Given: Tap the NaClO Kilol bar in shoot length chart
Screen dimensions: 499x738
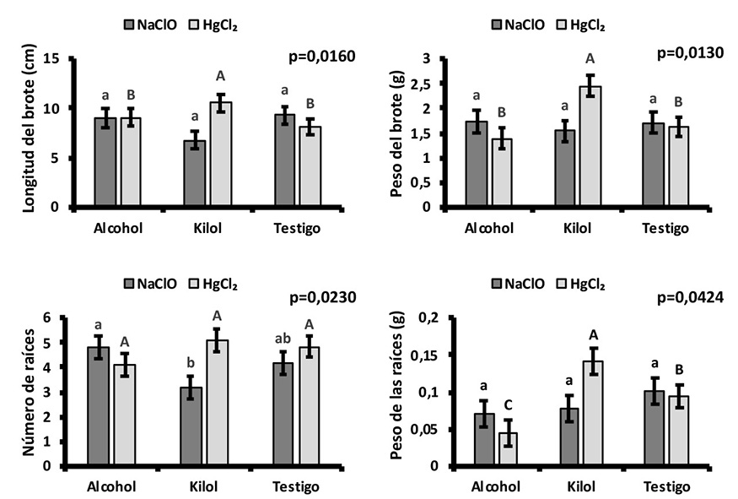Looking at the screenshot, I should click(195, 173).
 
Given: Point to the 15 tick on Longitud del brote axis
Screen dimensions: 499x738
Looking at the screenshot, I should click(56, 59).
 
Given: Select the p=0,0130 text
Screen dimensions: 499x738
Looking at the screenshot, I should click(691, 54).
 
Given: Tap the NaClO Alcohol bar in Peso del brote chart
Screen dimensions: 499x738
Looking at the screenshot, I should click(477, 164).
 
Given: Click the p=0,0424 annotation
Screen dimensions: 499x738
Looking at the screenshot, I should click(691, 296).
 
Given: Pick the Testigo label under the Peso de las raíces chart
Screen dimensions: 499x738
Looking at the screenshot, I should click(665, 487).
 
